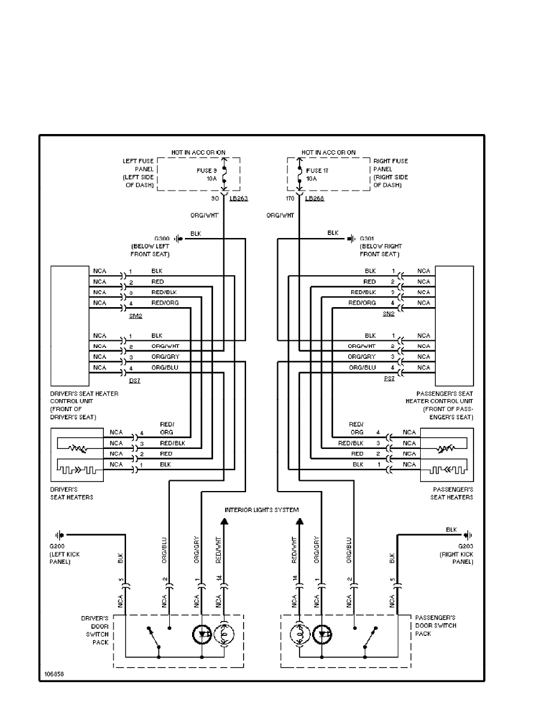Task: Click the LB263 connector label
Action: (238, 198)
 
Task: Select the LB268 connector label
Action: (315, 198)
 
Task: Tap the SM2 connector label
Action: (135, 315)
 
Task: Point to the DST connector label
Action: (134, 380)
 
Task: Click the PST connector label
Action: (389, 380)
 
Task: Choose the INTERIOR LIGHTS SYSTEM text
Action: (262, 510)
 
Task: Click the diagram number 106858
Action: (53, 674)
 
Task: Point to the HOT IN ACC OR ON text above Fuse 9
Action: (198, 153)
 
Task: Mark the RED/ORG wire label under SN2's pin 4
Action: (363, 303)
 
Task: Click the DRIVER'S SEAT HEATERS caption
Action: (72, 493)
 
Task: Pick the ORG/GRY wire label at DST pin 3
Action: (164, 357)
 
